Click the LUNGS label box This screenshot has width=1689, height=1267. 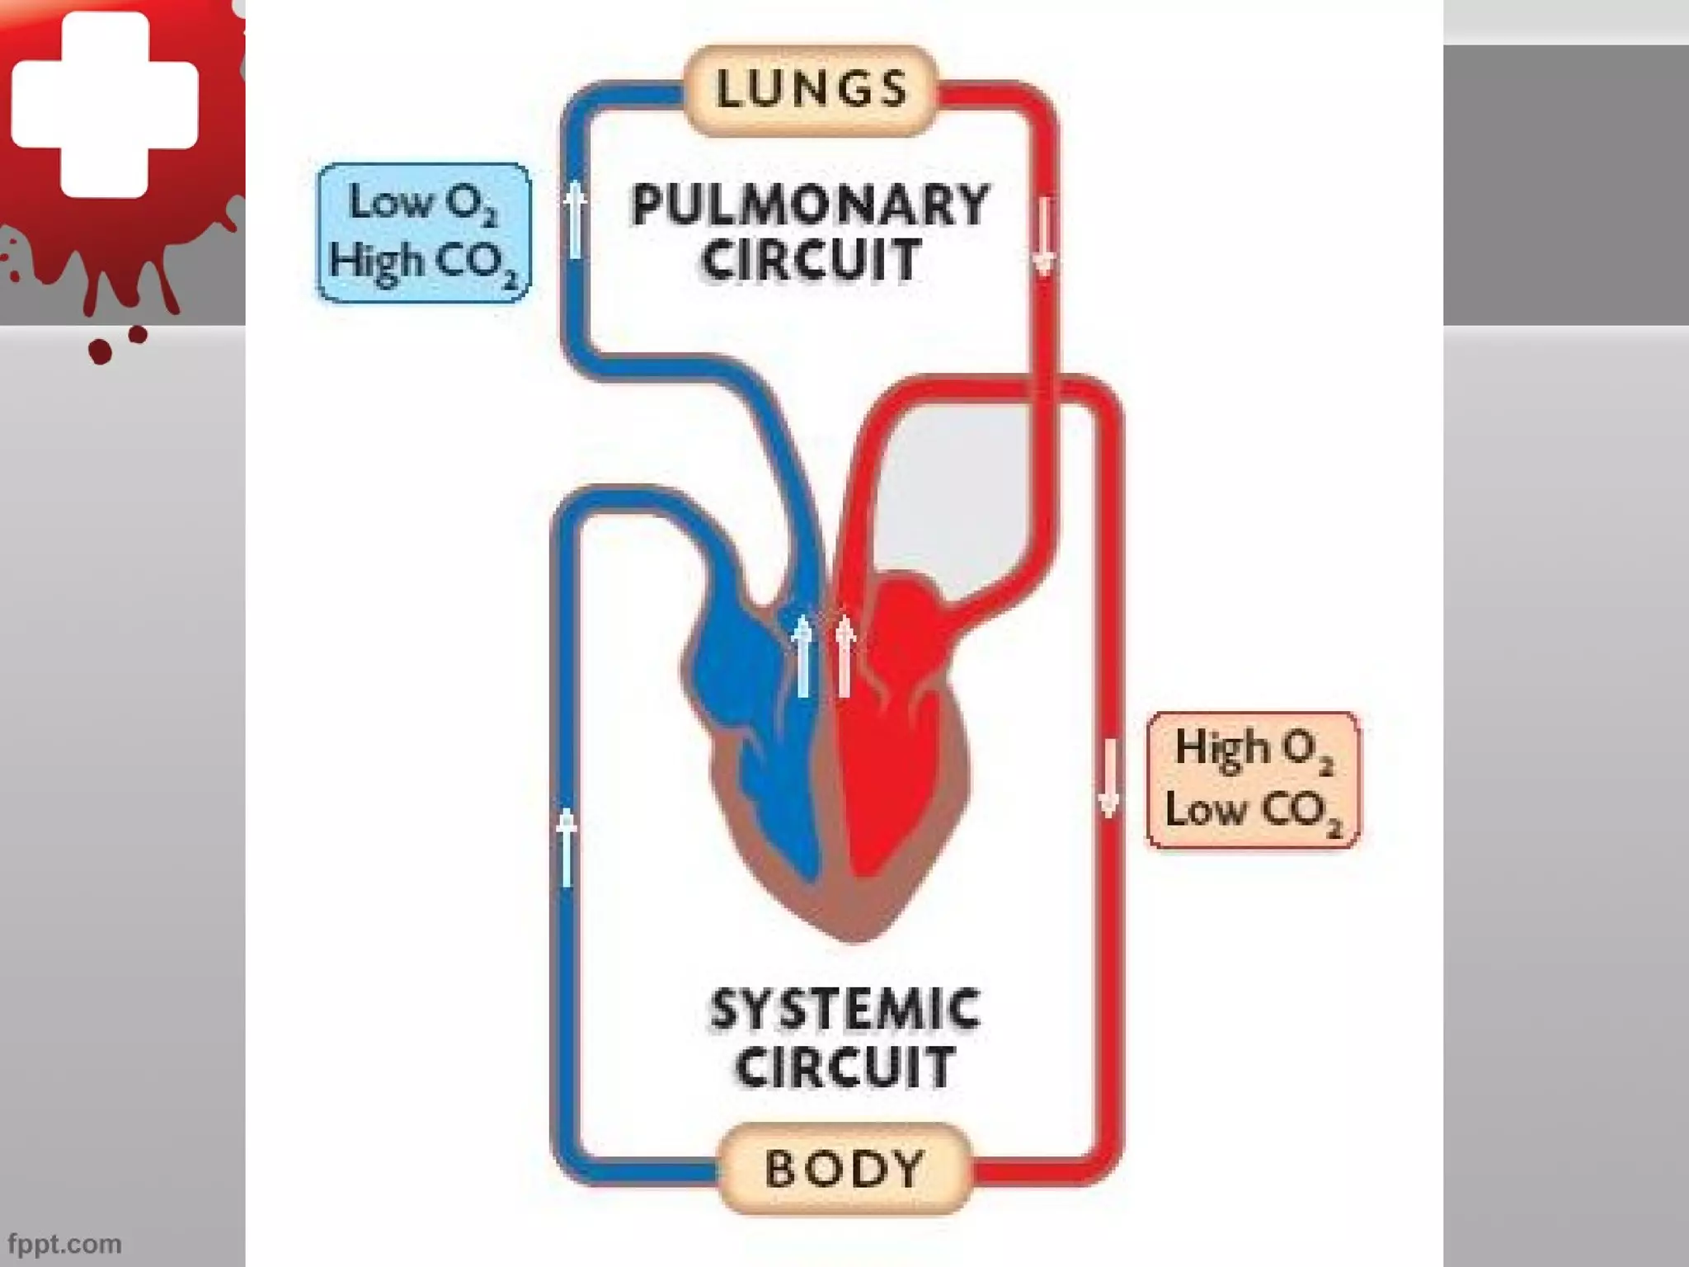pyautogui.click(x=812, y=89)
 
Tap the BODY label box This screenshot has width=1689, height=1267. pyautogui.click(x=843, y=1168)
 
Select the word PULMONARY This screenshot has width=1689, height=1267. pyautogui.click(x=810, y=205)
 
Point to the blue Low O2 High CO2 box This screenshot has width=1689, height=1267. pyautogui.click(x=424, y=233)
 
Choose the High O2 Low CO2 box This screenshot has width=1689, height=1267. pyautogui.click(x=1254, y=780)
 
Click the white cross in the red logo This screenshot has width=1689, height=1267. pyautogui.click(x=105, y=103)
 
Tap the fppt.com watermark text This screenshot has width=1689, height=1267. pyautogui.click(x=64, y=1243)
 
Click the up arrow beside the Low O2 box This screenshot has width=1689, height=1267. pyautogui.click(x=576, y=220)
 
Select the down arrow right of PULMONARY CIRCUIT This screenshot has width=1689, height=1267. pyautogui.click(x=1044, y=235)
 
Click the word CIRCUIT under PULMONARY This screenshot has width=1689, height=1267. pyautogui.click(x=810, y=260)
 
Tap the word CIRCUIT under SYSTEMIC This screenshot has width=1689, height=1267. pyautogui.click(x=844, y=1067)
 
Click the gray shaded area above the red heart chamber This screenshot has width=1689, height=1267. pyautogui.click(x=957, y=487)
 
